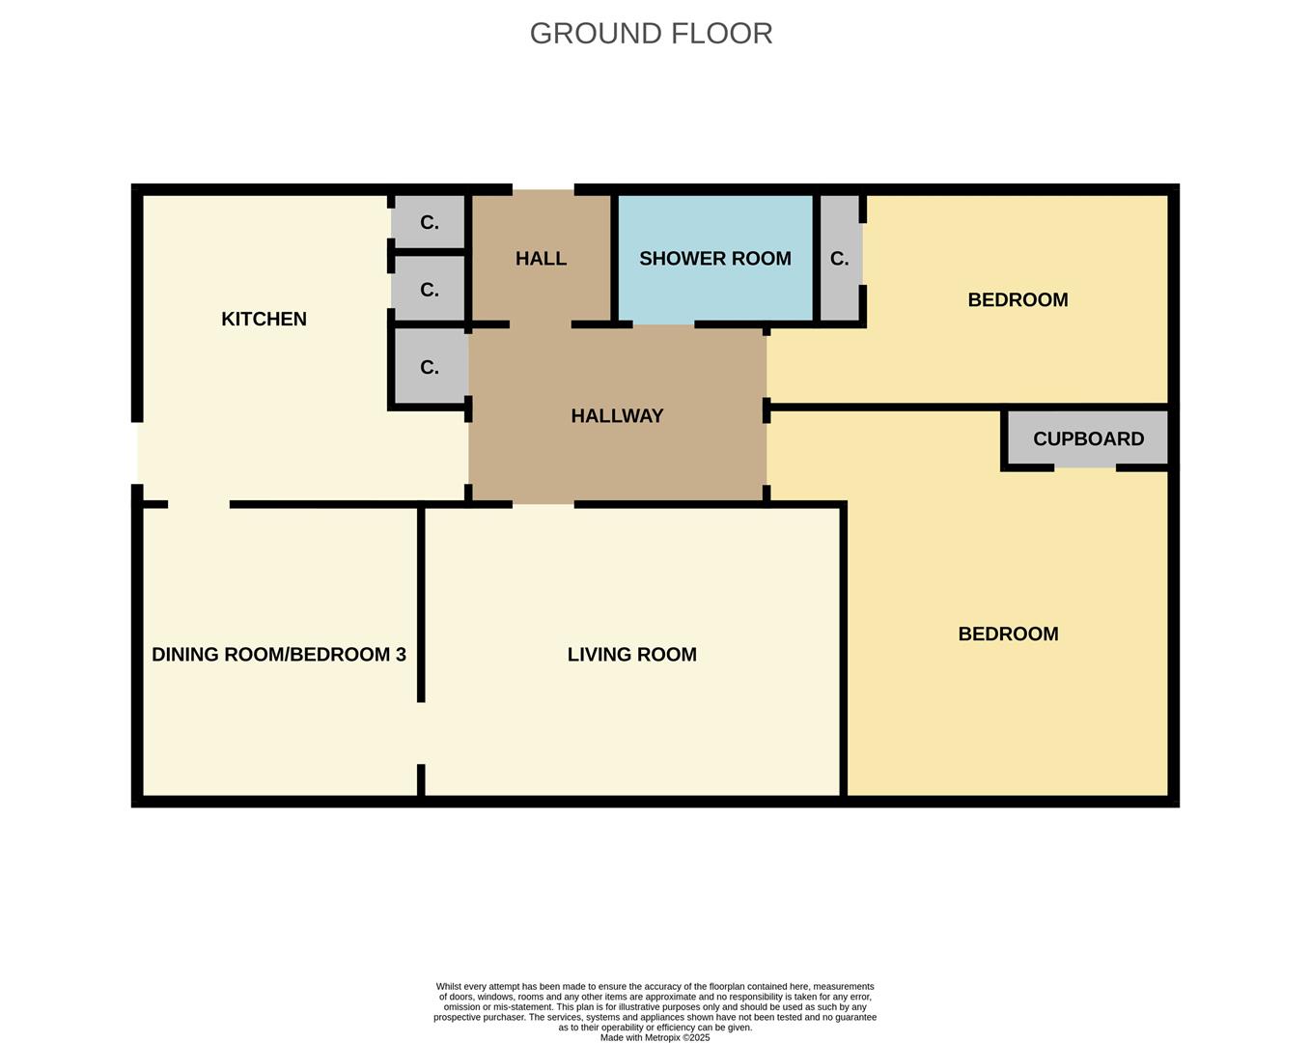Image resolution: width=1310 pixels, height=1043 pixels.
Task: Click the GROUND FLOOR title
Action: click(651, 34)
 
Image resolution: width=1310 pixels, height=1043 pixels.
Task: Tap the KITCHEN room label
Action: click(264, 319)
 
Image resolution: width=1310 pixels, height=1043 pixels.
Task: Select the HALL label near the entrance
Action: click(541, 259)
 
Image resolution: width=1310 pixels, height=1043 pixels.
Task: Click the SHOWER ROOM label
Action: click(714, 259)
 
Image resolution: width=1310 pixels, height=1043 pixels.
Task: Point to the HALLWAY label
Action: click(617, 416)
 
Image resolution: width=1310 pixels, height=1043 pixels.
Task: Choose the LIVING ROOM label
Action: click(631, 655)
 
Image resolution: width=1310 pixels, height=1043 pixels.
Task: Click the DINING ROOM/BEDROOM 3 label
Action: click(278, 655)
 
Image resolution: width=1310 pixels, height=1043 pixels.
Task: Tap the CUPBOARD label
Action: click(1088, 439)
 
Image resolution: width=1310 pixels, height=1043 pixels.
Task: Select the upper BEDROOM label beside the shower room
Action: click(1017, 300)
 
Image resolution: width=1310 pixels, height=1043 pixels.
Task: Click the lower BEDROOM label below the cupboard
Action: click(1008, 634)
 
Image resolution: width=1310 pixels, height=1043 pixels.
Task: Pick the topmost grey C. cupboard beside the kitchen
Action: click(430, 223)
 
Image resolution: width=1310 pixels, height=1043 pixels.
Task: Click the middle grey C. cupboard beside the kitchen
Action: click(430, 290)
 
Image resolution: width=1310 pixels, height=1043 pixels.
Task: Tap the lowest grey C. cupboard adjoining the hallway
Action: click(430, 368)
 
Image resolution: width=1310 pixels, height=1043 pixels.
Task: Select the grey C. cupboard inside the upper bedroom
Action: click(839, 259)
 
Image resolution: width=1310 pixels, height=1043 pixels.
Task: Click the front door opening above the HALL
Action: click(543, 190)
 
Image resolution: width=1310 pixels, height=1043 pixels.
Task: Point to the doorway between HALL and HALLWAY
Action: click(541, 324)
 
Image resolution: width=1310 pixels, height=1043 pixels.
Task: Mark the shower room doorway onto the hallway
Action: click(663, 324)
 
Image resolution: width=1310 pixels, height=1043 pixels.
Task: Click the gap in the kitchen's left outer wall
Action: click(137, 453)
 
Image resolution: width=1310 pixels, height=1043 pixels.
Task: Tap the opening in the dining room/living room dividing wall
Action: click(421, 733)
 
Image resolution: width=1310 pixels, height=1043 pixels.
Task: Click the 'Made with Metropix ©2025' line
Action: click(655, 1037)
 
